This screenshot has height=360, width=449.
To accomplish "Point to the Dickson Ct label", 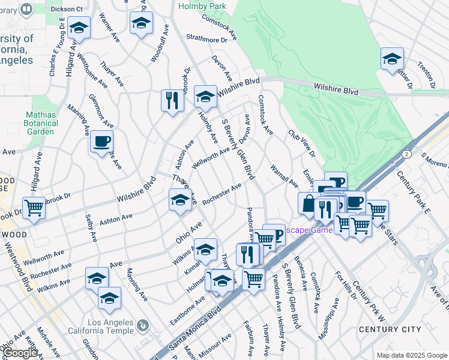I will point(66,10).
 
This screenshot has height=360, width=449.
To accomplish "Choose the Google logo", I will point(20,353).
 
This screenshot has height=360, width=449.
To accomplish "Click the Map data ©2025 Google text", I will point(411,355).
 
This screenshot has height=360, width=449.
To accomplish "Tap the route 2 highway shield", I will point(408,154).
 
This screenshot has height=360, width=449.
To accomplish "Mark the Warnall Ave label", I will point(283,175).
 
